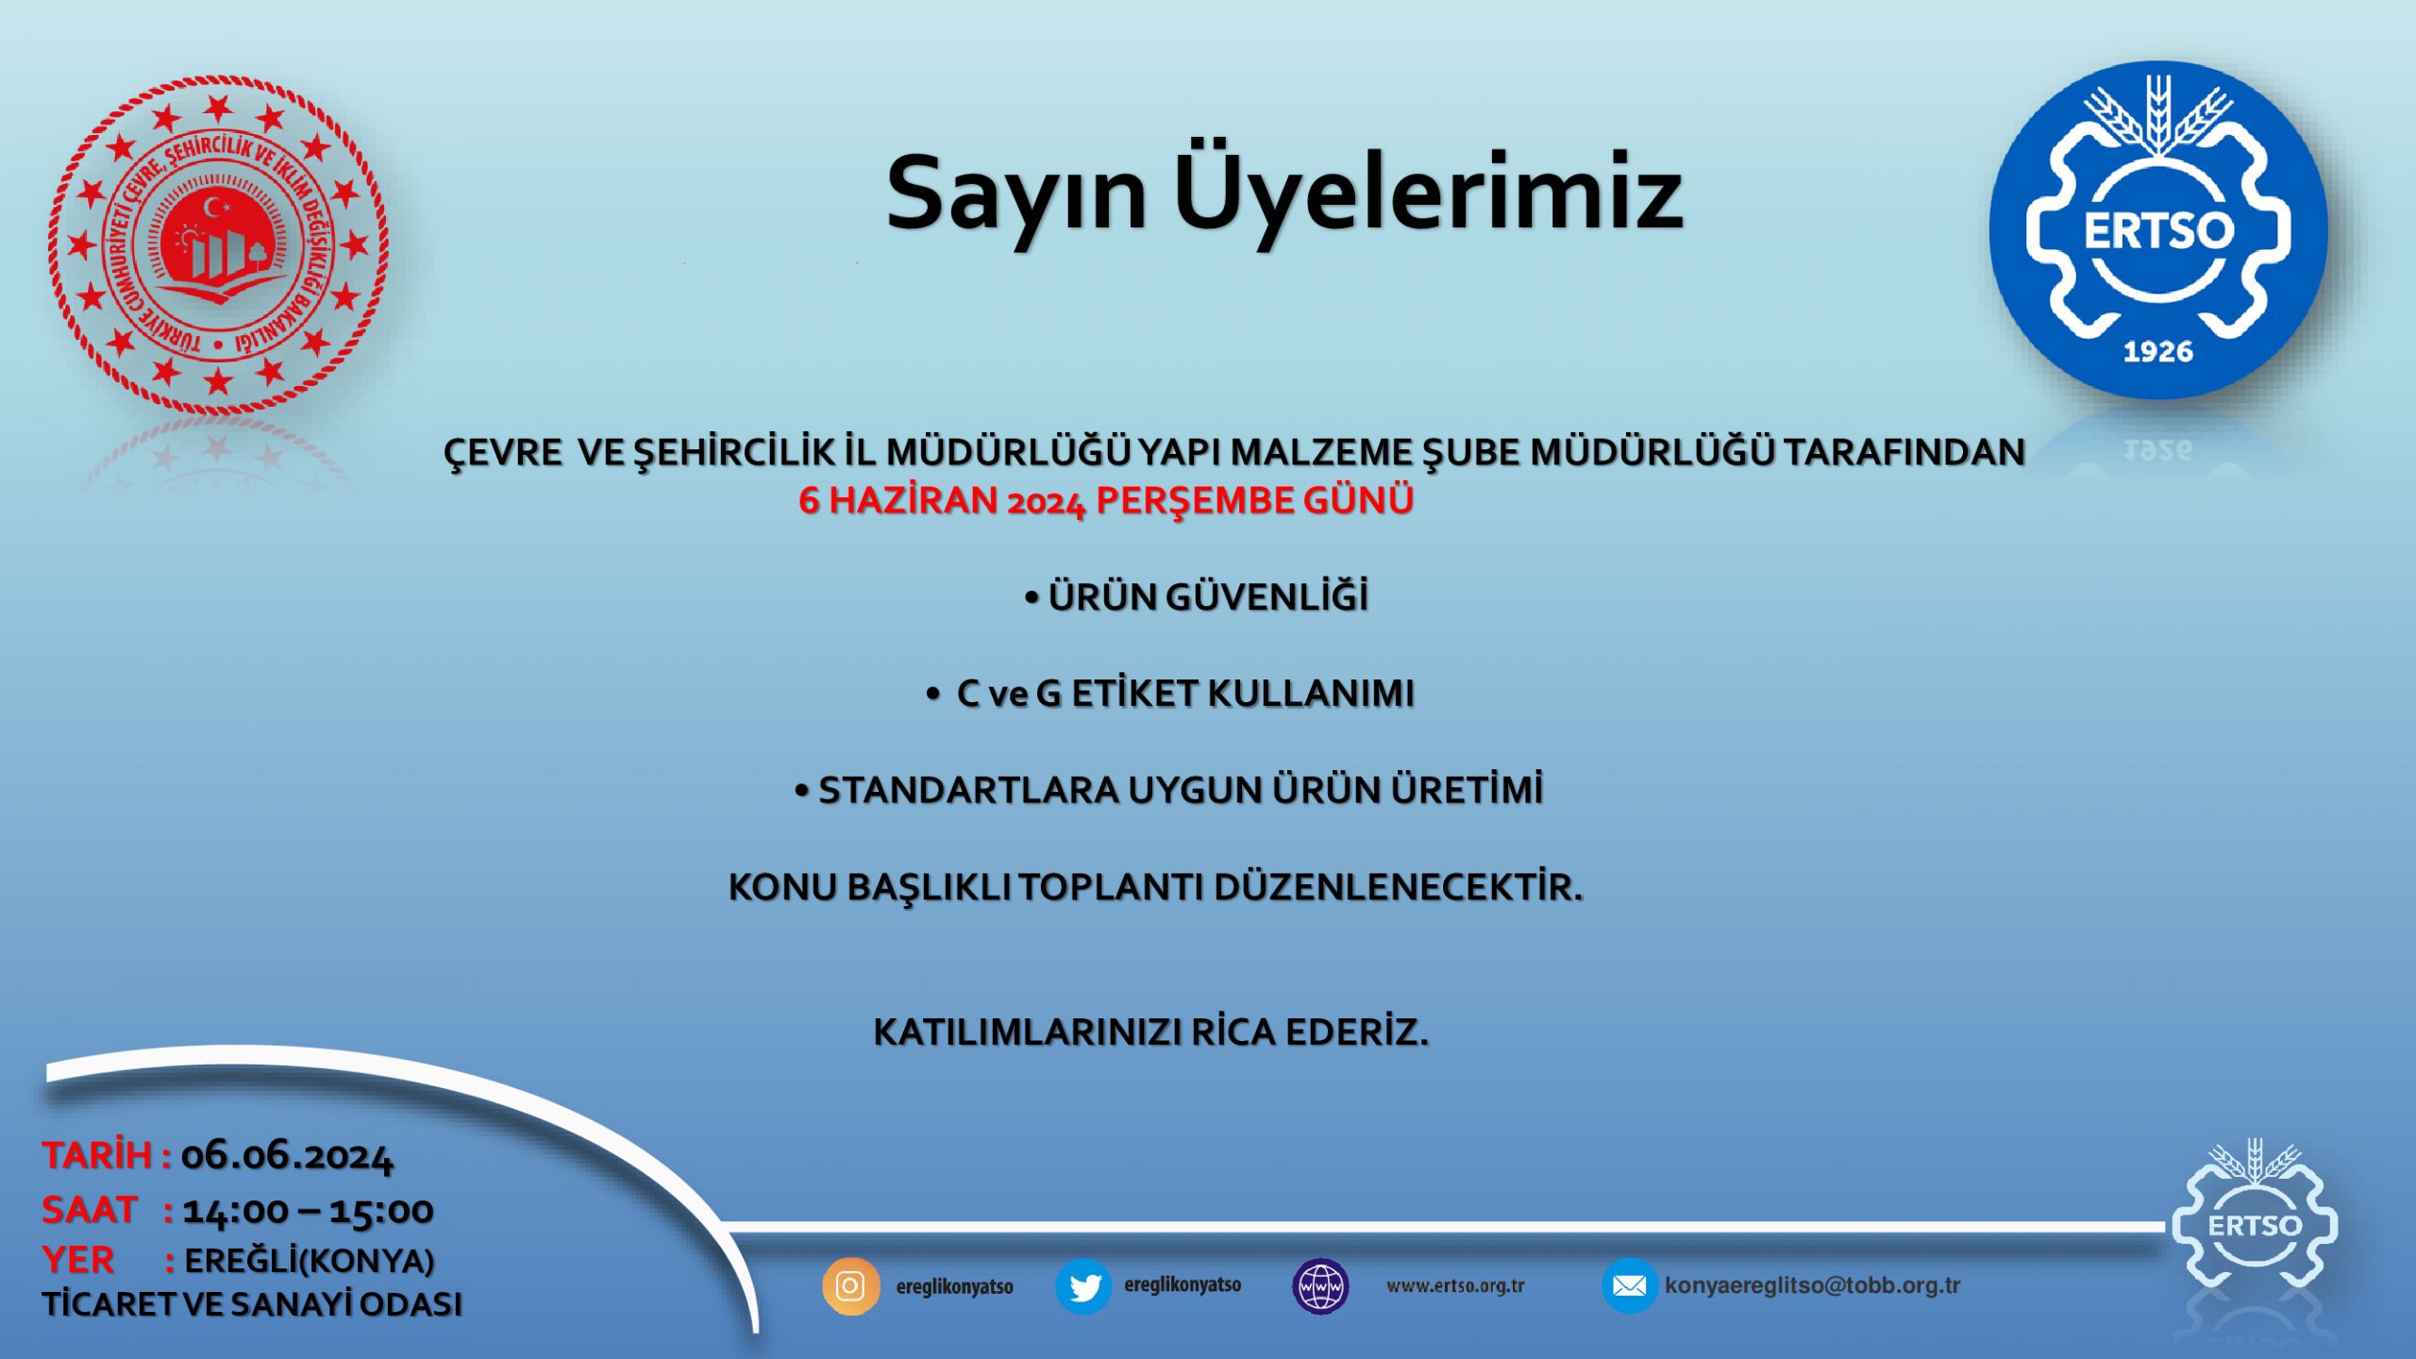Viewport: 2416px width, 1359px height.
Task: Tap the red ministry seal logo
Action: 218,244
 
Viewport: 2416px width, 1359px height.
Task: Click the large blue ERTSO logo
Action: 2158,229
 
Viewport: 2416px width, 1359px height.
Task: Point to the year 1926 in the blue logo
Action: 2158,352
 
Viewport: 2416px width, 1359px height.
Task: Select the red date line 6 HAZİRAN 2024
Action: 1106,500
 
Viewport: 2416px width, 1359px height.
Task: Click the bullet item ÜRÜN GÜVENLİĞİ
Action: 1197,596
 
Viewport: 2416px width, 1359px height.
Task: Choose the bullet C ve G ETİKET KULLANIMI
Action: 1170,694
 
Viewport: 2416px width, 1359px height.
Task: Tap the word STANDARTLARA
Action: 968,791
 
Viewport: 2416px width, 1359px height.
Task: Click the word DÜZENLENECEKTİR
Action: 1398,887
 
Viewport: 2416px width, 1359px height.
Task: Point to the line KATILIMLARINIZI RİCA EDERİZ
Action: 1151,1032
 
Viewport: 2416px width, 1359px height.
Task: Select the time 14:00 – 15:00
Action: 308,1211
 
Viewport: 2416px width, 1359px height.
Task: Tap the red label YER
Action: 77,1260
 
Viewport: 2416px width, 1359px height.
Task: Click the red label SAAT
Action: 90,1210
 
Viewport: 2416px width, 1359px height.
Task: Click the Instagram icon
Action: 850,1285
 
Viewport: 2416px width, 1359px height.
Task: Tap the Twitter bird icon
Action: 1083,1285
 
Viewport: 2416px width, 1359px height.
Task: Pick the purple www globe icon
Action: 1320,1285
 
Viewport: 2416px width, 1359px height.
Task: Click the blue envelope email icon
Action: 1629,1285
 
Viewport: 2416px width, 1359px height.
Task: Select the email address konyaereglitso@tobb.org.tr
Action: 1812,1285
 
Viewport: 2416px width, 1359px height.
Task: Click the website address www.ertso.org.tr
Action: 1455,1285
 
